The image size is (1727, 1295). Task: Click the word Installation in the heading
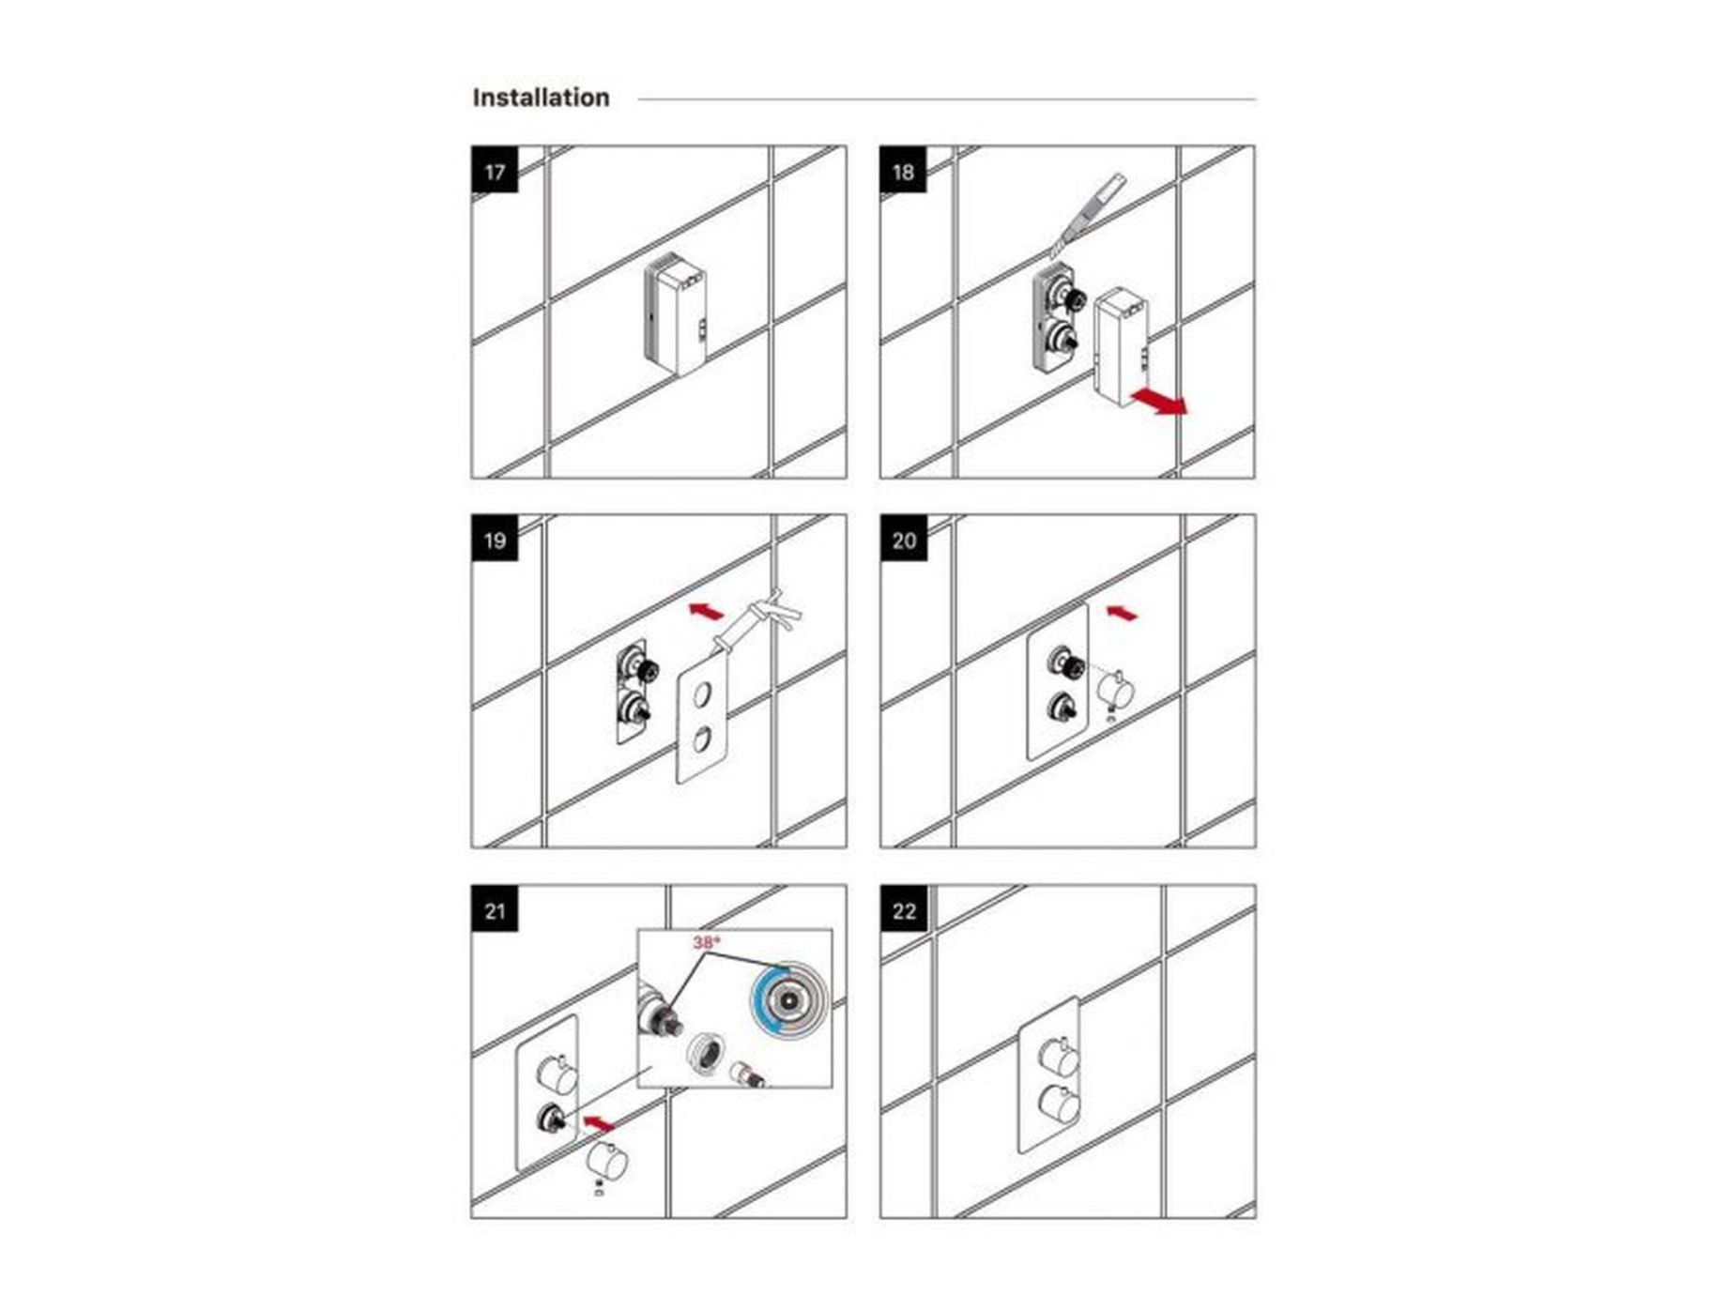tap(541, 98)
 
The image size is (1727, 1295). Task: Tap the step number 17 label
tap(495, 172)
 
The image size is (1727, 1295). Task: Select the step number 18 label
tap(903, 172)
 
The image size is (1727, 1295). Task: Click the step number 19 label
tap(495, 541)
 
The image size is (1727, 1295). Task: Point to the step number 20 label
tap(904, 541)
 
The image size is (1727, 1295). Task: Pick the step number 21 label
tap(495, 910)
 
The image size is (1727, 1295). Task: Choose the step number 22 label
tap(904, 910)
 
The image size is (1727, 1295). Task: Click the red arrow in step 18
tap(1160, 401)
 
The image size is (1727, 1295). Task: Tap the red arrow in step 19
tap(707, 612)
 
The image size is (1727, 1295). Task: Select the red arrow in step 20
tap(1123, 614)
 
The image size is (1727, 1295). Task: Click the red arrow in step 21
tap(598, 1122)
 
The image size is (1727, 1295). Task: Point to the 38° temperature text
tap(706, 942)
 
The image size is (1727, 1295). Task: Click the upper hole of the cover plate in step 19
tap(701, 695)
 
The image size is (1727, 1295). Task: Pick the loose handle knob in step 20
tap(1117, 691)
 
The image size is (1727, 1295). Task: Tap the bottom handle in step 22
tap(1061, 1104)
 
